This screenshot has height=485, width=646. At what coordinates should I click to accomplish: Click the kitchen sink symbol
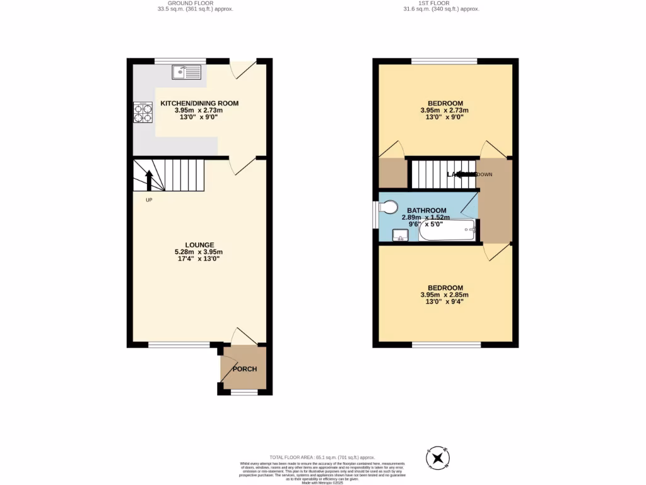pyautogui.click(x=186, y=72)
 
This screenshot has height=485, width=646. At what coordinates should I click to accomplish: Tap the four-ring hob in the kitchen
pyautogui.click(x=143, y=112)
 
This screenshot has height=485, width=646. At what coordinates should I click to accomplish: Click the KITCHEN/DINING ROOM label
pyautogui.click(x=199, y=104)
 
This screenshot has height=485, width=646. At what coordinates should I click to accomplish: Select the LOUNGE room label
pyautogui.click(x=199, y=245)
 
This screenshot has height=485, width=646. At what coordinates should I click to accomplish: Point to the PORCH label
pyautogui.click(x=245, y=369)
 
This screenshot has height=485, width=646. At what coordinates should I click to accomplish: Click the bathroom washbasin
pyautogui.click(x=400, y=236)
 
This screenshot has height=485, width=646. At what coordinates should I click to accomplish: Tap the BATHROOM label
pyautogui.click(x=426, y=211)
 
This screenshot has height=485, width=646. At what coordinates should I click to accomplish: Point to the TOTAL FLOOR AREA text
pyautogui.click(x=322, y=457)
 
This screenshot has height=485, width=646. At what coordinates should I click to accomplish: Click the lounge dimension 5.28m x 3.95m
pyautogui.click(x=199, y=252)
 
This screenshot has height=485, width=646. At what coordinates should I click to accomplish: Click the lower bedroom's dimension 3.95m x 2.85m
pyautogui.click(x=445, y=295)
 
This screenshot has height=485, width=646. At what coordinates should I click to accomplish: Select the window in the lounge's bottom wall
pyautogui.click(x=179, y=345)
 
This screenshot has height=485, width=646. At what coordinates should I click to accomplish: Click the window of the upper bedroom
pyautogui.click(x=444, y=61)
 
